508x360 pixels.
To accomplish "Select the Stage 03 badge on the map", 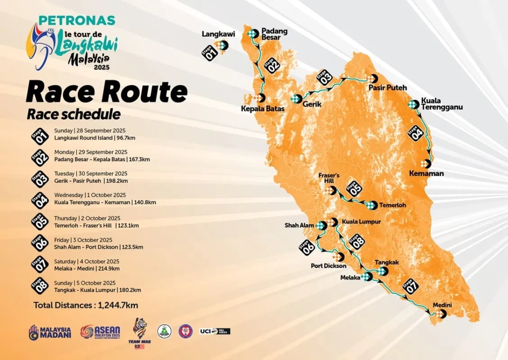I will (x=324, y=77).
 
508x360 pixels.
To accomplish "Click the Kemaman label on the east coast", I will (x=426, y=173).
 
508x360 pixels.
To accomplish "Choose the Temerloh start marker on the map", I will (x=370, y=205).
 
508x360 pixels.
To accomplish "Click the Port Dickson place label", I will (x=328, y=266).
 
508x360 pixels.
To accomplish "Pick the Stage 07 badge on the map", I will (x=410, y=287).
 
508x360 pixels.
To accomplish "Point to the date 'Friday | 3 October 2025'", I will (x=83, y=240).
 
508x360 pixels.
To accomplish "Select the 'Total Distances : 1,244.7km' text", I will (x=86, y=305).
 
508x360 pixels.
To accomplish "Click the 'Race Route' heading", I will (x=106, y=92).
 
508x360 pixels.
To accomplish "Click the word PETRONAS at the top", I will (x=77, y=21).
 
